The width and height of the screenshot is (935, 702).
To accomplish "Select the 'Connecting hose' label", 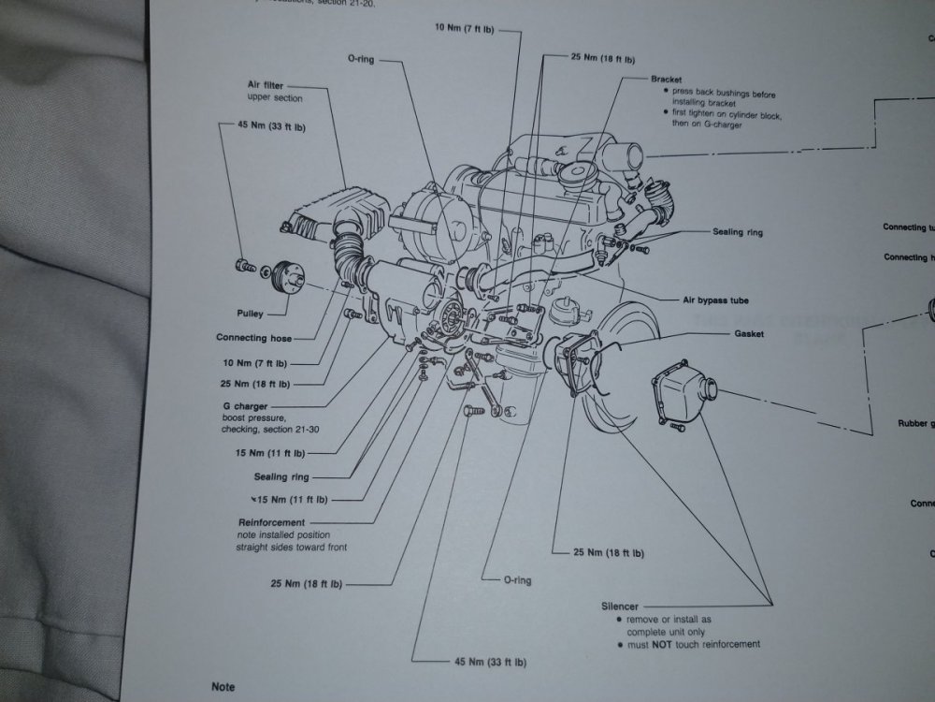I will coord(252,338).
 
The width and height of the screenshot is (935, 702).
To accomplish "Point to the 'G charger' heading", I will coord(246,406).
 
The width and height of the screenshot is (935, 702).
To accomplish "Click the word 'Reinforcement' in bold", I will coord(271,522).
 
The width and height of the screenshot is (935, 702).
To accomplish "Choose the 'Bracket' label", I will coord(668,80).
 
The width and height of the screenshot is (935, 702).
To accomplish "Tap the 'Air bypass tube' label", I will coord(716,300).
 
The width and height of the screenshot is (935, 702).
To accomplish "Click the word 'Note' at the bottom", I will coord(223,687).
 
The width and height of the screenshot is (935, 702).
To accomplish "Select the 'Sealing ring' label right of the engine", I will coord(738,231).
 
